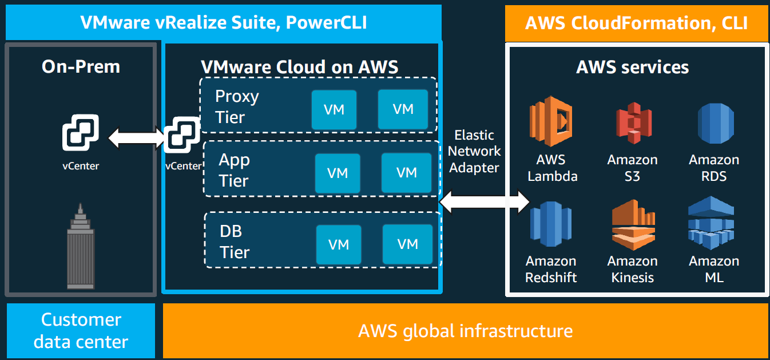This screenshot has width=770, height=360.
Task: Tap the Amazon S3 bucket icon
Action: click(x=633, y=123)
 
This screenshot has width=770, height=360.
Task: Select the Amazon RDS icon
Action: click(x=715, y=122)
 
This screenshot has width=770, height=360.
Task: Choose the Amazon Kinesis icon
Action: click(x=633, y=226)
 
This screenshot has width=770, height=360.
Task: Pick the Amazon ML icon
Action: click(x=714, y=223)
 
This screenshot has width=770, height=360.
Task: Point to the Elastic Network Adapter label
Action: click(x=474, y=152)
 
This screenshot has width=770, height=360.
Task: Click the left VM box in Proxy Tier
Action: click(x=334, y=109)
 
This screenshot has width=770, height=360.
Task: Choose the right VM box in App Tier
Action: click(x=407, y=172)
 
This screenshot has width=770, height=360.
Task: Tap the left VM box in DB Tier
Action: click(x=339, y=244)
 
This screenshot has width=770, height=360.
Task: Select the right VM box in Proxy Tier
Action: click(x=403, y=109)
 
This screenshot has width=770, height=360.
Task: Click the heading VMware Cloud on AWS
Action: click(x=300, y=67)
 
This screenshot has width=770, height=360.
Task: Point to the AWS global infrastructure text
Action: click(x=465, y=330)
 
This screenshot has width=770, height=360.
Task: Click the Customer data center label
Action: click(x=81, y=330)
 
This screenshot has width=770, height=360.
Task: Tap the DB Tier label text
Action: click(x=235, y=242)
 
